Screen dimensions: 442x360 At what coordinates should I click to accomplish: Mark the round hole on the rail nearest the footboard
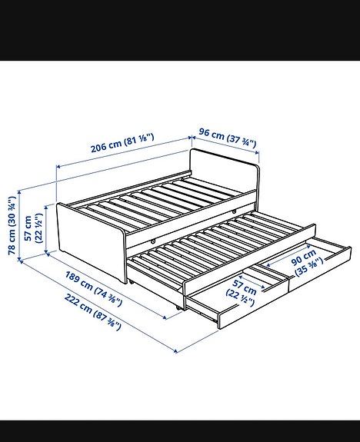click(x=153, y=241)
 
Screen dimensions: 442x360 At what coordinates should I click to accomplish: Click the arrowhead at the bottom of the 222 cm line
click(x=176, y=351)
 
